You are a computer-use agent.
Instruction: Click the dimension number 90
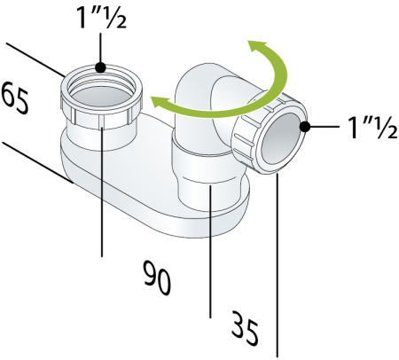157,278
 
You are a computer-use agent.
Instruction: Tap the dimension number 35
244,328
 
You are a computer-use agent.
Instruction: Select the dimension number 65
15,98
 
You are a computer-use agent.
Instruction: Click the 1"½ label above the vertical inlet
101,18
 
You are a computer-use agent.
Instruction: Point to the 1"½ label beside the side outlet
372,128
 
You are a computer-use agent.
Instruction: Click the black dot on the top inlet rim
100,67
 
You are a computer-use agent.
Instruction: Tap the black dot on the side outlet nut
305,127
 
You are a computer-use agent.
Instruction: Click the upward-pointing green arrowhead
256,46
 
